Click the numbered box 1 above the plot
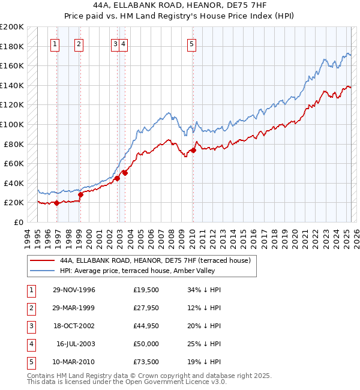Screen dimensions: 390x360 [x=55, y=43]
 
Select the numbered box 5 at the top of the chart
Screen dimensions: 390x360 [x=191, y=43]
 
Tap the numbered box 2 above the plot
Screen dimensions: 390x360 [x=79, y=43]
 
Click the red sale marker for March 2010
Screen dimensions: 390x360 [x=193, y=151]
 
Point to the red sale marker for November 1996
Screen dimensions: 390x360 [x=56, y=203]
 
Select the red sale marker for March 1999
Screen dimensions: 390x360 [x=80, y=195]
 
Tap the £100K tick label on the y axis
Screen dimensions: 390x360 [x=12, y=124]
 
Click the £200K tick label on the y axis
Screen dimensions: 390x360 [x=12, y=27]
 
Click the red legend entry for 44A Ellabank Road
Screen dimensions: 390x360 [x=158, y=260]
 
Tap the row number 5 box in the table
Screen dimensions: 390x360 [x=30, y=362]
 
